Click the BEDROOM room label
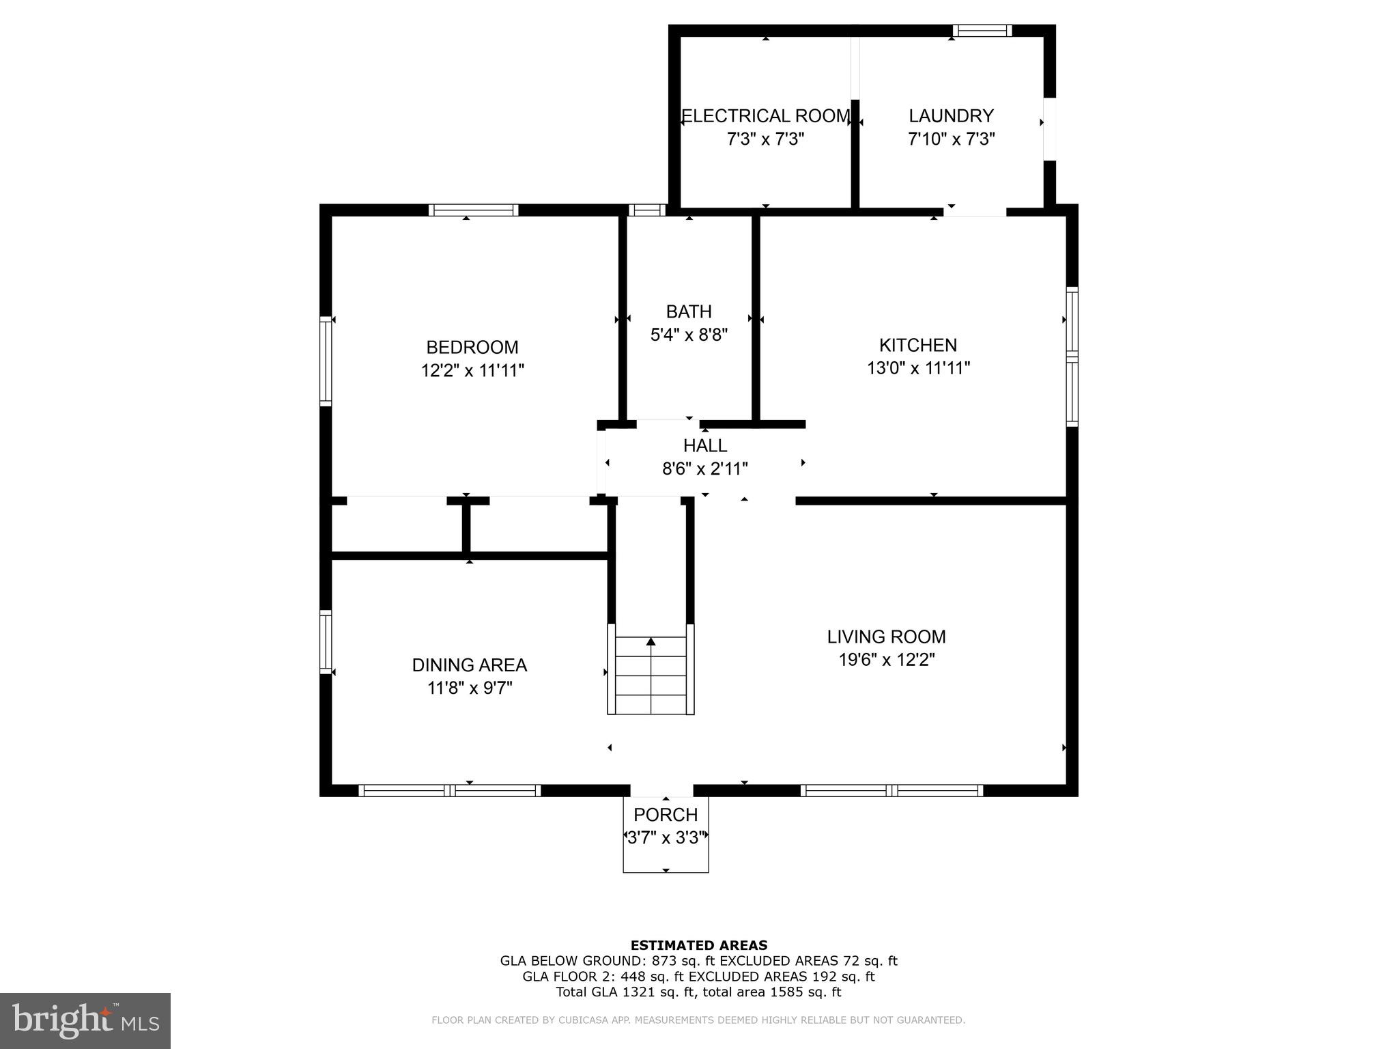[472, 347]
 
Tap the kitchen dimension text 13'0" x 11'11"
[918, 368]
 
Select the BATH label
[689, 311]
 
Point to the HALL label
[705, 445]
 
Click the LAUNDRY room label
[951, 115]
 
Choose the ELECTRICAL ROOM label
[766, 115]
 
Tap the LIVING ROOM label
[886, 637]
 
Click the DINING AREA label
[469, 665]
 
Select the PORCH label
[666, 815]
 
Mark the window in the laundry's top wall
[982, 30]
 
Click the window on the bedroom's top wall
[473, 210]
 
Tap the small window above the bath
[646, 210]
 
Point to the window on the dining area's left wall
[326, 641]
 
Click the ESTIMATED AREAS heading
[698, 945]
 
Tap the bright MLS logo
[85, 1020]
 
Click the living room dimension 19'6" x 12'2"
[886, 660]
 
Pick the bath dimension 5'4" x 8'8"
[689, 335]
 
